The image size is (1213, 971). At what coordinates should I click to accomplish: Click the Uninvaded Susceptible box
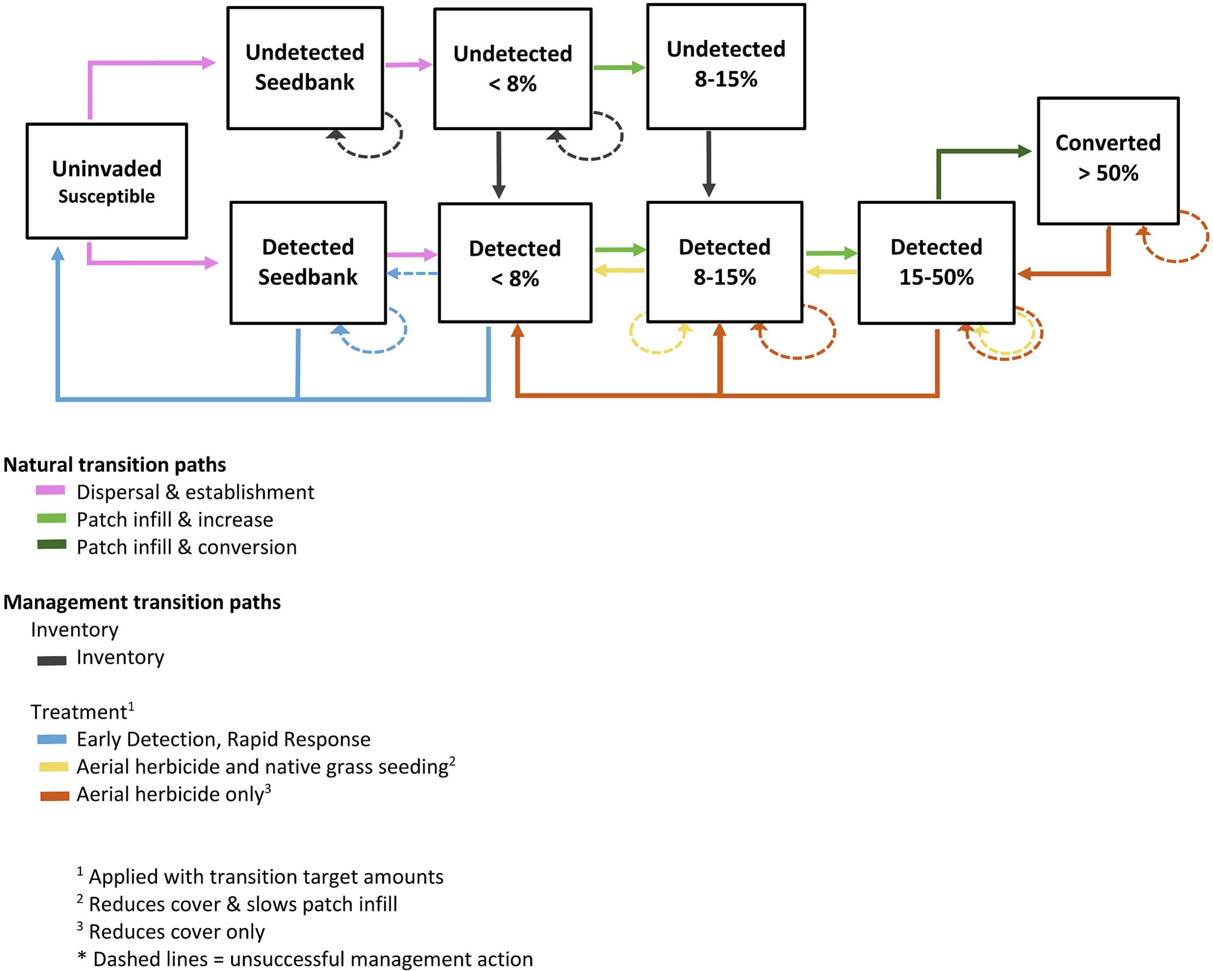(x=107, y=181)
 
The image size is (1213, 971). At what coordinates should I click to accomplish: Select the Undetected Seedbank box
(x=305, y=68)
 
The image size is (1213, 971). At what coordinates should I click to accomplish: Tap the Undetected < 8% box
(x=513, y=68)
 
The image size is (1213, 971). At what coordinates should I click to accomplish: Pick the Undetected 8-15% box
(x=726, y=67)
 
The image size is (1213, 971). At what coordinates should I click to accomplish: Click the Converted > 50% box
(x=1108, y=161)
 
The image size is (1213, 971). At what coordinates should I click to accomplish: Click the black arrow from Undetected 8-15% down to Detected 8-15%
(x=709, y=163)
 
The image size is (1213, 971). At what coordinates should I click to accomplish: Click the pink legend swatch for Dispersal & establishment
(x=51, y=490)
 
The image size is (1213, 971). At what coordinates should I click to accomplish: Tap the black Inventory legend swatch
(x=52, y=660)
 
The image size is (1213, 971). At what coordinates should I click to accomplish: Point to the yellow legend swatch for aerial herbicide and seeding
(x=53, y=767)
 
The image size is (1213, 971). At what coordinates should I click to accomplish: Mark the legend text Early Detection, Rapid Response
(x=223, y=739)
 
